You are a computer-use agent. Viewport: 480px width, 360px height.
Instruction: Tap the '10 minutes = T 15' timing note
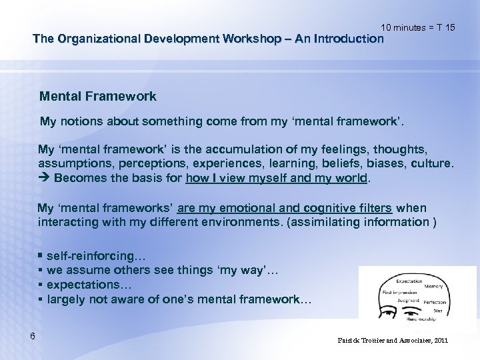(419, 27)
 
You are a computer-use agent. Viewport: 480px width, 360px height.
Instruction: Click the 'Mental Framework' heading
(98, 97)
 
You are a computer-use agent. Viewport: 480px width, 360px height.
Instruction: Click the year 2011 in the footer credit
(440, 341)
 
